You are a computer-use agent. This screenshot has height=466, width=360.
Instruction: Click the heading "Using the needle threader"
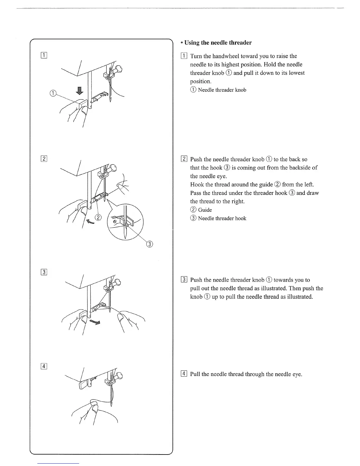[x=218, y=43]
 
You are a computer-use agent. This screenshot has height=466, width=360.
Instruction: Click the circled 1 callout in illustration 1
[x=53, y=94]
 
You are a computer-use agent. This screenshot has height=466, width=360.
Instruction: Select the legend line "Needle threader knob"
[x=222, y=90]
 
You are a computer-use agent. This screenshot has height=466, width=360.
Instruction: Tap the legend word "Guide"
[x=205, y=210]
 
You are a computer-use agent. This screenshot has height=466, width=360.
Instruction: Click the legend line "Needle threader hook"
[x=222, y=218]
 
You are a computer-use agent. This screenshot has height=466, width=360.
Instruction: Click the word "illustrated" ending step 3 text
[x=296, y=297]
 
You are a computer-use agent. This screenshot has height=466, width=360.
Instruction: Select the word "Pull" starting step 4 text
[x=195, y=374]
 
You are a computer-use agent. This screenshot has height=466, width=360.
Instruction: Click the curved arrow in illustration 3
[x=95, y=321]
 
